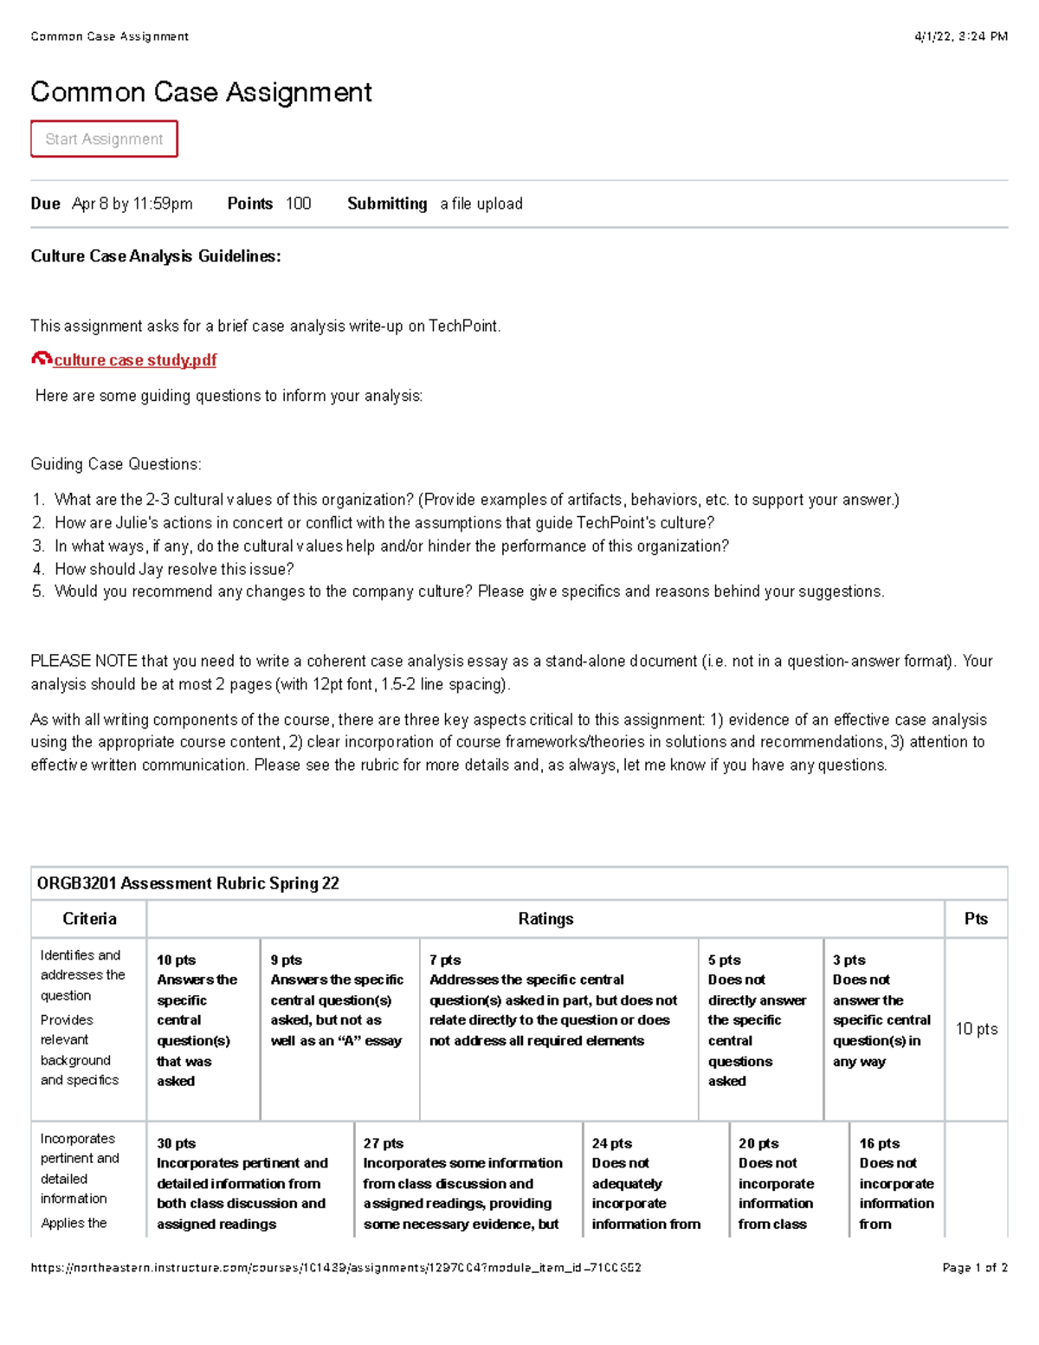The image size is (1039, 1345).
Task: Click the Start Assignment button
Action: (104, 139)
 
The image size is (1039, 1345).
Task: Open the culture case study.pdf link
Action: (135, 360)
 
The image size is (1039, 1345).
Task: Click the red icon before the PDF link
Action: (41, 359)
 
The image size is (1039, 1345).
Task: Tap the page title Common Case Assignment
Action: (201, 93)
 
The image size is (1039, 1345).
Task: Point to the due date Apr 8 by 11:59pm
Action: (132, 204)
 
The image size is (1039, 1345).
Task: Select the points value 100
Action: (298, 204)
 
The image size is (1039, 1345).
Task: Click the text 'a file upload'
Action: (481, 204)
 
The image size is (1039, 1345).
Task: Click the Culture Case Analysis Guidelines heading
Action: (156, 256)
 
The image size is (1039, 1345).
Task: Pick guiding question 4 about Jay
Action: (173, 569)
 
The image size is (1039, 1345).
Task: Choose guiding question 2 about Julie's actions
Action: (384, 523)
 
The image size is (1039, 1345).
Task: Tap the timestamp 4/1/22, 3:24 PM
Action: (961, 36)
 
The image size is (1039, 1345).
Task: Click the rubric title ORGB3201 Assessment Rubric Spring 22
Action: (188, 883)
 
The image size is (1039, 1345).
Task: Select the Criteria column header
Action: (89, 919)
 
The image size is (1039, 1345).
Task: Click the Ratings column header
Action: (545, 919)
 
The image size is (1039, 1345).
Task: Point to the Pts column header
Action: (976, 919)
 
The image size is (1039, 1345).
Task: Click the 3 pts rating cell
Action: (883, 1011)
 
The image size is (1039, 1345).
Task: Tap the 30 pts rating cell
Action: (249, 1183)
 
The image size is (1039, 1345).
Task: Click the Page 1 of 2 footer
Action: (974, 1268)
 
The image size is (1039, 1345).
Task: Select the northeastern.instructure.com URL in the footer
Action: (336, 1268)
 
